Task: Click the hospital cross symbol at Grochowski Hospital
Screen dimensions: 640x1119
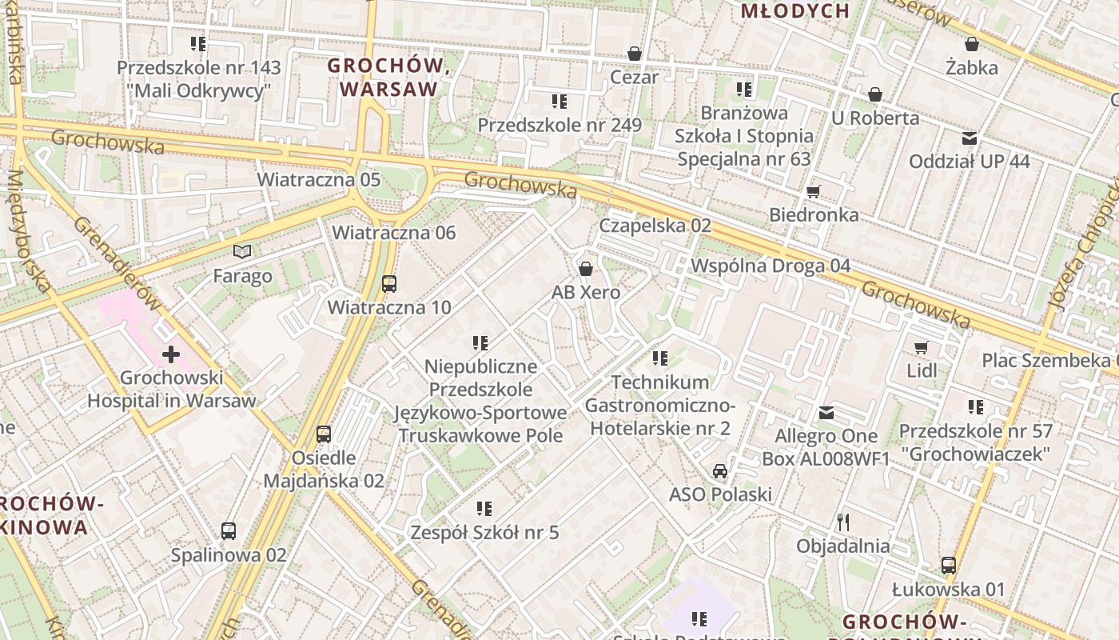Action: [170, 354]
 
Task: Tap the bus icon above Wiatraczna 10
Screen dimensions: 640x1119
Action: [389, 283]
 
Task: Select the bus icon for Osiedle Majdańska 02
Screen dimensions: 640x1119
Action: [324, 434]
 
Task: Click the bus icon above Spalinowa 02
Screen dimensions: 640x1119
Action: [229, 530]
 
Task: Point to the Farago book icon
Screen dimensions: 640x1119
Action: [242, 252]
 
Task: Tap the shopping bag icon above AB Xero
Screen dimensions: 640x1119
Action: [586, 268]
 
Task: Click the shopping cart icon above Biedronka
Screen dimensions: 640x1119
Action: [814, 190]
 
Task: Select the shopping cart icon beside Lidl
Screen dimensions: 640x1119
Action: [922, 347]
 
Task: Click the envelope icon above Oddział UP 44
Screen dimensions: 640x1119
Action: [970, 138]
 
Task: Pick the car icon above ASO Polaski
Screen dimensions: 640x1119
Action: [720, 470]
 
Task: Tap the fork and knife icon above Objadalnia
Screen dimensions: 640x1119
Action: [842, 522]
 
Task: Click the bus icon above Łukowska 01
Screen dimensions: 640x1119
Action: [949, 566]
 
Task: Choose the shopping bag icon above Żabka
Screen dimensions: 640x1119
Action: [972, 44]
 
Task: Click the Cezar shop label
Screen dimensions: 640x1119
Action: [635, 78]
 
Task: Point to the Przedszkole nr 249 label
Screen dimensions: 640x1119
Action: [559, 126]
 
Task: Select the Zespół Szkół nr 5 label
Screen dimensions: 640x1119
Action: [484, 532]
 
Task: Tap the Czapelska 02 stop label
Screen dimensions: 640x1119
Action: [655, 226]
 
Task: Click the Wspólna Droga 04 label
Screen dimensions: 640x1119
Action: [771, 266]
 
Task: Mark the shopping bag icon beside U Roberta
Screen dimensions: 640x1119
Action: [875, 94]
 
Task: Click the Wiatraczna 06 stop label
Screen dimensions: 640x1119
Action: [394, 233]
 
